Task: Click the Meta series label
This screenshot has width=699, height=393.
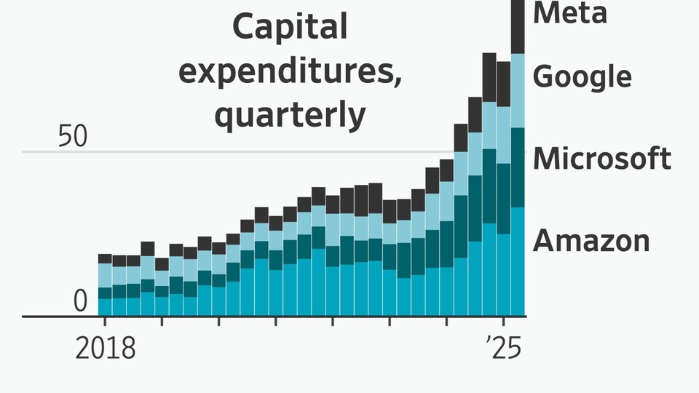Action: click(569, 12)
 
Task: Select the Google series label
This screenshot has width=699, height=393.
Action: click(582, 76)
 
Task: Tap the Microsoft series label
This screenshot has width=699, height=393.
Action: click(602, 158)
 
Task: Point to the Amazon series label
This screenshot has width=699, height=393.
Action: click(591, 241)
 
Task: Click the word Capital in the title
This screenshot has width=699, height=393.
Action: click(290, 27)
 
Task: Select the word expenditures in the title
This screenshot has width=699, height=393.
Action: click(291, 71)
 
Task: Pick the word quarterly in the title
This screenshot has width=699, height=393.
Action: click(291, 116)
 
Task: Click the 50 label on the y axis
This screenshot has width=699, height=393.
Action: click(73, 136)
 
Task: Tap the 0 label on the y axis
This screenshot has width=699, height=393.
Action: click(80, 301)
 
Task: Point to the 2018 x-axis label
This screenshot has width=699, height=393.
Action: click(105, 348)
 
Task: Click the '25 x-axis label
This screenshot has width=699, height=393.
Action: click(504, 348)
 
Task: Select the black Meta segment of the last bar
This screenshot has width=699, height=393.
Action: click(518, 27)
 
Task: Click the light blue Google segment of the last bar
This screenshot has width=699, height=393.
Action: click(518, 91)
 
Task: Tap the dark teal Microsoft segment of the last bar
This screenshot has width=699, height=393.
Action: click(518, 167)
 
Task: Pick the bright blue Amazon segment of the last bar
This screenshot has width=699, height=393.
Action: click(518, 261)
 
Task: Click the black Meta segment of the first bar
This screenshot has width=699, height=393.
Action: click(105, 259)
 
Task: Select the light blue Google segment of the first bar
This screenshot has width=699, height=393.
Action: click(105, 275)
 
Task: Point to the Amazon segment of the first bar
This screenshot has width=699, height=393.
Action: click(105, 307)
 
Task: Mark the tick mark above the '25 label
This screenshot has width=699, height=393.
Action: click(503, 321)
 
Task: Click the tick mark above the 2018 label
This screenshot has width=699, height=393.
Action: click(105, 321)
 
